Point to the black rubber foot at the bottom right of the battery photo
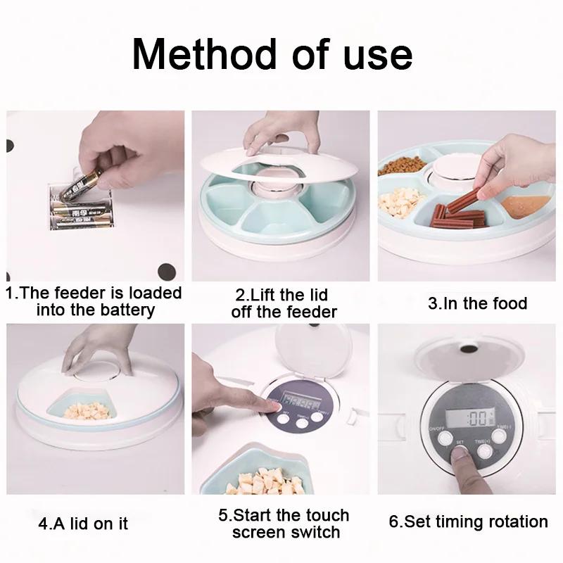[x=167, y=269]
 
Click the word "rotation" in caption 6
[x=512, y=522]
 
